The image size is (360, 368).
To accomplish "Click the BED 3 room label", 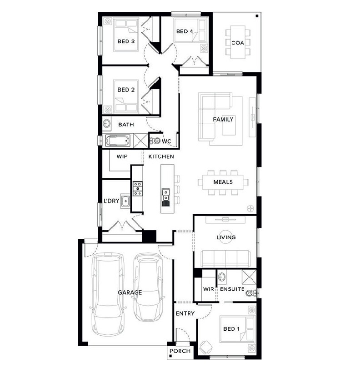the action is [x=126, y=41].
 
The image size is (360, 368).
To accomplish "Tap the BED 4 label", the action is [x=185, y=31].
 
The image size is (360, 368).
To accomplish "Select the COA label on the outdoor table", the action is [x=238, y=43].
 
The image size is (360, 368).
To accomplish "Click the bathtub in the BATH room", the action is [x=118, y=141].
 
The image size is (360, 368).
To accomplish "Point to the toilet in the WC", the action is [x=155, y=141].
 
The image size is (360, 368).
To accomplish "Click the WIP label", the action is [x=122, y=156].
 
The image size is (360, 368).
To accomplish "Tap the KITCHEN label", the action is [x=161, y=156].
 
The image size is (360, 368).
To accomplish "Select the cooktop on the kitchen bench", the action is [x=138, y=189].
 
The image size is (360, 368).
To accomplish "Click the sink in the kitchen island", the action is [x=166, y=197].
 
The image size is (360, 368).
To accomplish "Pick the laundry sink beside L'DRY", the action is [x=125, y=201].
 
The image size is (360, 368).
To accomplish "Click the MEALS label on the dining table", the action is [x=223, y=182].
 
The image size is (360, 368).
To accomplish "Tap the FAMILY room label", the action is [x=223, y=120].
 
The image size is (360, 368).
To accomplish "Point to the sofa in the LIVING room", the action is [x=225, y=259].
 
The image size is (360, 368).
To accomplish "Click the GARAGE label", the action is [x=130, y=292].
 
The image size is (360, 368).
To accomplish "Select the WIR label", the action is [x=209, y=289].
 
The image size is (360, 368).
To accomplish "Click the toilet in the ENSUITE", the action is [x=251, y=293].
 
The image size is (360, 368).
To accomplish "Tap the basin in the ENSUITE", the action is [x=222, y=277].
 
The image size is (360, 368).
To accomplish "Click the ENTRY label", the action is [x=185, y=313].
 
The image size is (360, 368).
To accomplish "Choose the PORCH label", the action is [x=180, y=351].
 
